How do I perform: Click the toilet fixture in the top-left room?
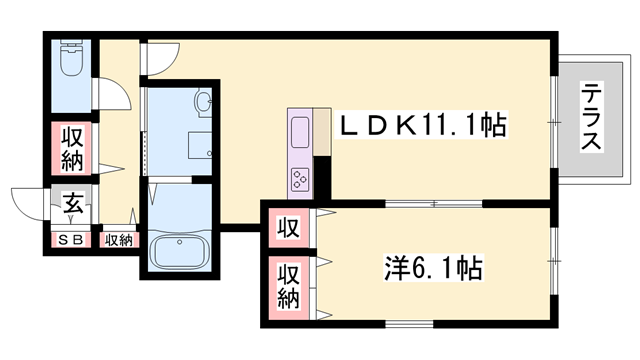tap(72, 58)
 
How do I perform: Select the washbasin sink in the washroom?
tap(203, 102)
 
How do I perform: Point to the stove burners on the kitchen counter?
tap(300, 179)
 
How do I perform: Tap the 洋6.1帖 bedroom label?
tap(433, 268)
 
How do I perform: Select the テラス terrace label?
tap(591, 117)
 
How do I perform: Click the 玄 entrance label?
tap(73, 203)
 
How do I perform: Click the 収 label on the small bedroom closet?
tap(289, 227)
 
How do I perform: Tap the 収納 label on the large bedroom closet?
tap(289, 286)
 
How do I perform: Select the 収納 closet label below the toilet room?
tap(72, 149)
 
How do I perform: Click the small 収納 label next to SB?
tap(118, 240)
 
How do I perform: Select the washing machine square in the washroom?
tap(200, 145)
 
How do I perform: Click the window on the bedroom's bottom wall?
tap(409, 324)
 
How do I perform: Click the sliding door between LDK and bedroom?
tap(434, 203)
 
